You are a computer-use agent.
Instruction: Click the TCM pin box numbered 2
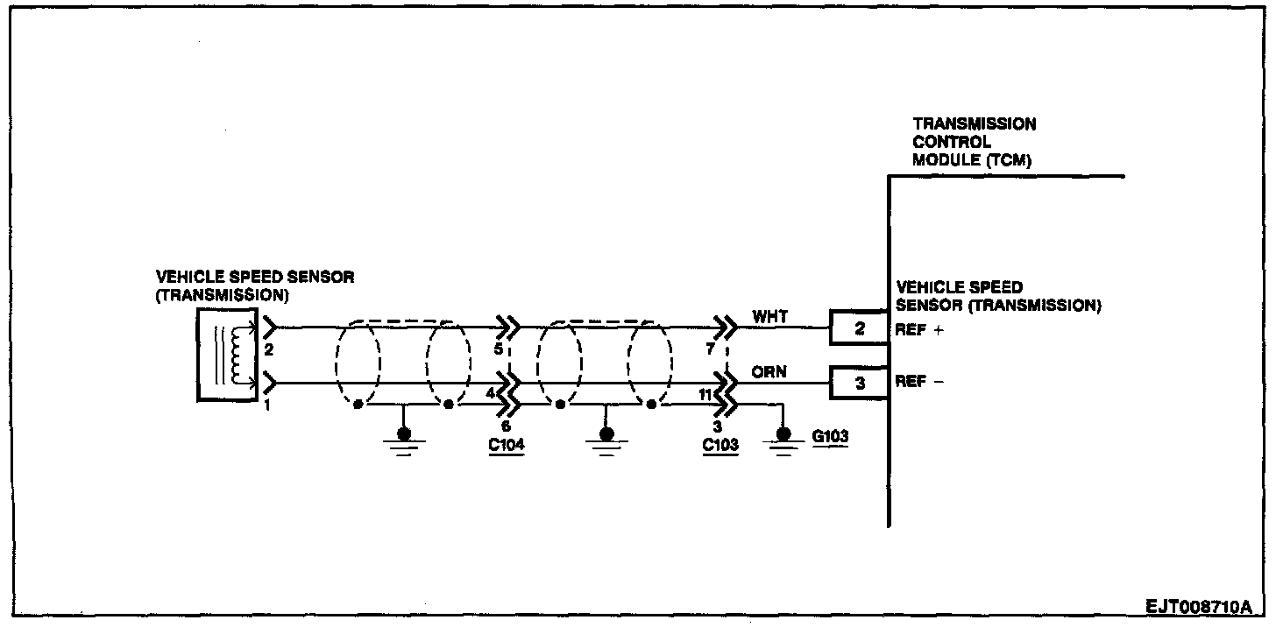(x=859, y=329)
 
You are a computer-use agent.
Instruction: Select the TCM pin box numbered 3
(x=859, y=383)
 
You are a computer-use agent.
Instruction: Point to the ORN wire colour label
(x=769, y=372)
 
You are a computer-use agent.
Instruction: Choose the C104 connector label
(x=506, y=445)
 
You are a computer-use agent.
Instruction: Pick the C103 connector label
(x=720, y=445)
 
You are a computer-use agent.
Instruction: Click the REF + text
(x=918, y=331)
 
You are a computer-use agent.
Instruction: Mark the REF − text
(x=918, y=383)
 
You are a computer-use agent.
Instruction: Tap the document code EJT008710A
(x=1199, y=606)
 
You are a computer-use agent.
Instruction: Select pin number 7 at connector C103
(x=711, y=349)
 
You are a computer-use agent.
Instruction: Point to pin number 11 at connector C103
(x=705, y=394)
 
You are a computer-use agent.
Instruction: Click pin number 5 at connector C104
(x=498, y=349)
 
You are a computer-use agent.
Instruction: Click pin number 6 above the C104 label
(x=506, y=426)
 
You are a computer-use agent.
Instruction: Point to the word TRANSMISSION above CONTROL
(x=974, y=124)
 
